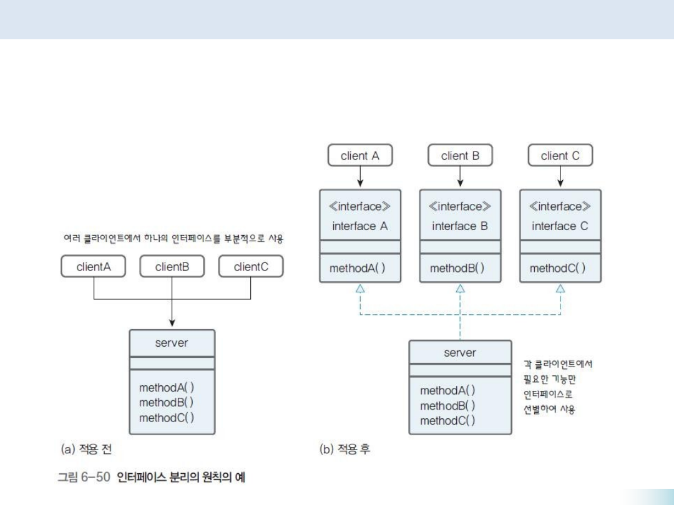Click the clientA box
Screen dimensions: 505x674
[94, 267]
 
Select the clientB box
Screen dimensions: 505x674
[172, 267]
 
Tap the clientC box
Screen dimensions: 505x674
[250, 267]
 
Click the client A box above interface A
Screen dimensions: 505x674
[359, 156]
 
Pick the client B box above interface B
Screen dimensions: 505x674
[460, 156]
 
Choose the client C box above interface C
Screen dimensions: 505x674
[560, 156]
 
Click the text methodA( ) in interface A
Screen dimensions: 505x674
[357, 269]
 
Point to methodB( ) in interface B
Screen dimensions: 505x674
[457, 269]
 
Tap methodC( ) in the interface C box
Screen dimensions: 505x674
[557, 269]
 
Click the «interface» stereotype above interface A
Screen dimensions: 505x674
[359, 206]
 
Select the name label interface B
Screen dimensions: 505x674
[460, 226]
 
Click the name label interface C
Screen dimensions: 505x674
[560, 226]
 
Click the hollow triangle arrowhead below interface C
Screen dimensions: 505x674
[560, 288]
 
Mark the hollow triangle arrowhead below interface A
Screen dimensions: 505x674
[360, 288]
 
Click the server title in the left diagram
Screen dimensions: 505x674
[172, 343]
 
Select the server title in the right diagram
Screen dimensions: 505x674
[460, 353]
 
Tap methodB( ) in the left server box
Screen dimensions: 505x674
[166, 402]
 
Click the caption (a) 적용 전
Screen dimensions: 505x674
[87, 449]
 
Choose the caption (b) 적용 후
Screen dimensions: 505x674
[345, 449]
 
